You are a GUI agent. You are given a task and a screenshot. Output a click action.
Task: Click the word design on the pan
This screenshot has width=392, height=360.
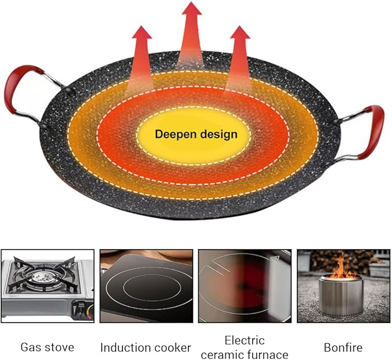click(219, 134)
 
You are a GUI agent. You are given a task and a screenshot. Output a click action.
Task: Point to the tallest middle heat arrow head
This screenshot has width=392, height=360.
click(192, 9)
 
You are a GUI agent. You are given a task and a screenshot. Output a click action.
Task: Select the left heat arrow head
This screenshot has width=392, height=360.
click(142, 33)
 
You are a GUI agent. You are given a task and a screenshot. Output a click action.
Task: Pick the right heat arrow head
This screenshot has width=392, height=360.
click(240, 33)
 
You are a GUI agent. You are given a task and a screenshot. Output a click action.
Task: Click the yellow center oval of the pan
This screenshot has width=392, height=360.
click(193, 135)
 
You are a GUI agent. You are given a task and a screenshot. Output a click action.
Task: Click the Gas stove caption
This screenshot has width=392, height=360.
click(47, 347)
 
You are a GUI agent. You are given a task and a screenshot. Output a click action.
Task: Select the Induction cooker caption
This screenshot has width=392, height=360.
click(145, 348)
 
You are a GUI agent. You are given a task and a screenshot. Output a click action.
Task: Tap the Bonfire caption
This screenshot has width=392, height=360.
click(343, 347)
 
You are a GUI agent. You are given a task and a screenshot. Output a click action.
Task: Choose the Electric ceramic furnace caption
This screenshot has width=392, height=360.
click(245, 347)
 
